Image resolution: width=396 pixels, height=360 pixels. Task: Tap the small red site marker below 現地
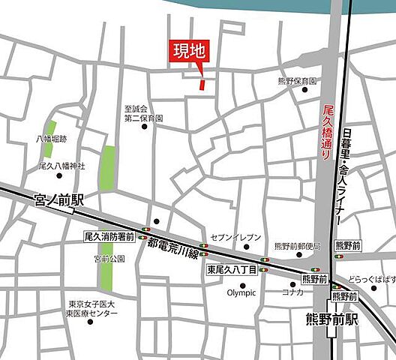tap(202, 83)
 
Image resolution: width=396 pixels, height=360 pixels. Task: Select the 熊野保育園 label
tap(297, 80)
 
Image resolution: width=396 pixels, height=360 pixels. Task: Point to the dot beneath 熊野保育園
tap(304, 90)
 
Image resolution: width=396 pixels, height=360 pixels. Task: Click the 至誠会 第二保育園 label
tap(144, 112)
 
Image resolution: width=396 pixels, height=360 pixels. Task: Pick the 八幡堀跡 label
tap(52, 139)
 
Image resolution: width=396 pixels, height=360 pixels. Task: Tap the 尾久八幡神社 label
tap(61, 166)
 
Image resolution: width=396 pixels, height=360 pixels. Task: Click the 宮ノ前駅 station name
tap(58, 201)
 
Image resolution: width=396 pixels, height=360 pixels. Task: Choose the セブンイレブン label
tap(237, 237)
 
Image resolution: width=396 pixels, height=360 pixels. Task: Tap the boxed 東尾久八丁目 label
tap(232, 269)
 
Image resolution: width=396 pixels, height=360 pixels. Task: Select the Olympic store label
tap(241, 292)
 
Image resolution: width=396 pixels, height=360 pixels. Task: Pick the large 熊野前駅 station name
tap(331, 319)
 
